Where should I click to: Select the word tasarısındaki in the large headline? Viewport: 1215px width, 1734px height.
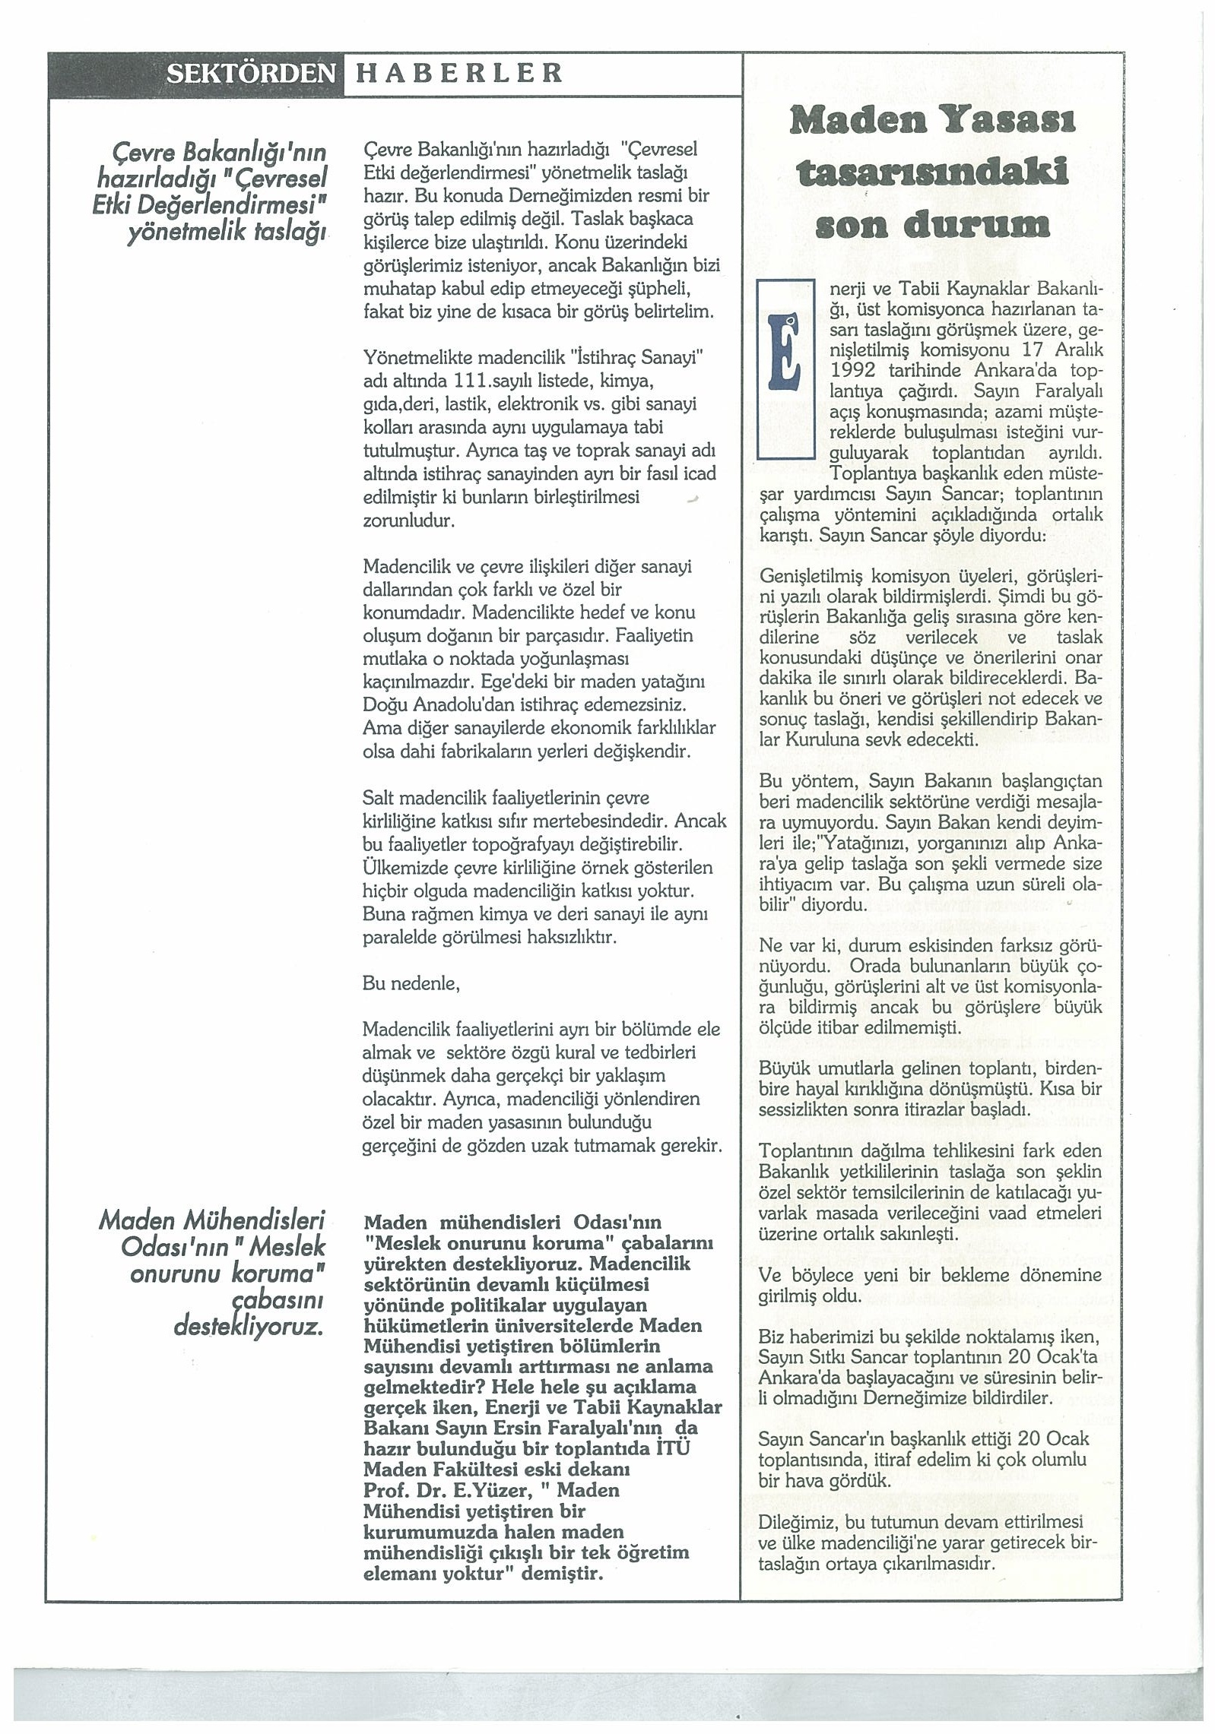click(931, 172)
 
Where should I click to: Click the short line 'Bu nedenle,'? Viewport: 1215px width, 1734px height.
click(411, 983)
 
